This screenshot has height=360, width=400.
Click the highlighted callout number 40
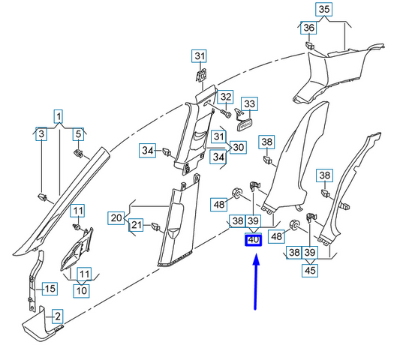pyautogui.click(x=254, y=240)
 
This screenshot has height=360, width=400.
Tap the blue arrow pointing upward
pyautogui.click(x=256, y=282)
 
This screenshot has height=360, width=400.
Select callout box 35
pyautogui.click(x=324, y=10)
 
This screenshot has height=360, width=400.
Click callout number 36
pyautogui.click(x=308, y=28)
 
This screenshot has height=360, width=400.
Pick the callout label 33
pyautogui.click(x=249, y=103)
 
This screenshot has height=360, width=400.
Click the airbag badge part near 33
pyautogui.click(x=245, y=125)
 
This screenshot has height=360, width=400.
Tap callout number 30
pyautogui.click(x=238, y=147)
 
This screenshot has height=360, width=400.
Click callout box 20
pyautogui.click(x=116, y=218)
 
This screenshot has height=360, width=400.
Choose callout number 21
pyautogui.click(x=137, y=225)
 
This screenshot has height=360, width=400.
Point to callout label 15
pyautogui.click(x=50, y=289)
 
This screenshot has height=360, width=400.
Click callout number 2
pyautogui.click(x=58, y=316)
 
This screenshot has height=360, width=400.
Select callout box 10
pyautogui.click(x=81, y=291)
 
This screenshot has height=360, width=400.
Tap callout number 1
pyautogui.click(x=59, y=116)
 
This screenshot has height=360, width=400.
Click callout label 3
pyautogui.click(x=41, y=133)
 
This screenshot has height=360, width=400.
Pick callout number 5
pyautogui.click(x=78, y=133)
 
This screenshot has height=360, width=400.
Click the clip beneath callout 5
pyautogui.click(x=78, y=153)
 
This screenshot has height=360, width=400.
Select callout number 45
pyautogui.click(x=310, y=271)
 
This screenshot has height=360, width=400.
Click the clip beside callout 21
pyautogui.click(x=155, y=226)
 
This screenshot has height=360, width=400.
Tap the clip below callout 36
pyautogui.click(x=310, y=46)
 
